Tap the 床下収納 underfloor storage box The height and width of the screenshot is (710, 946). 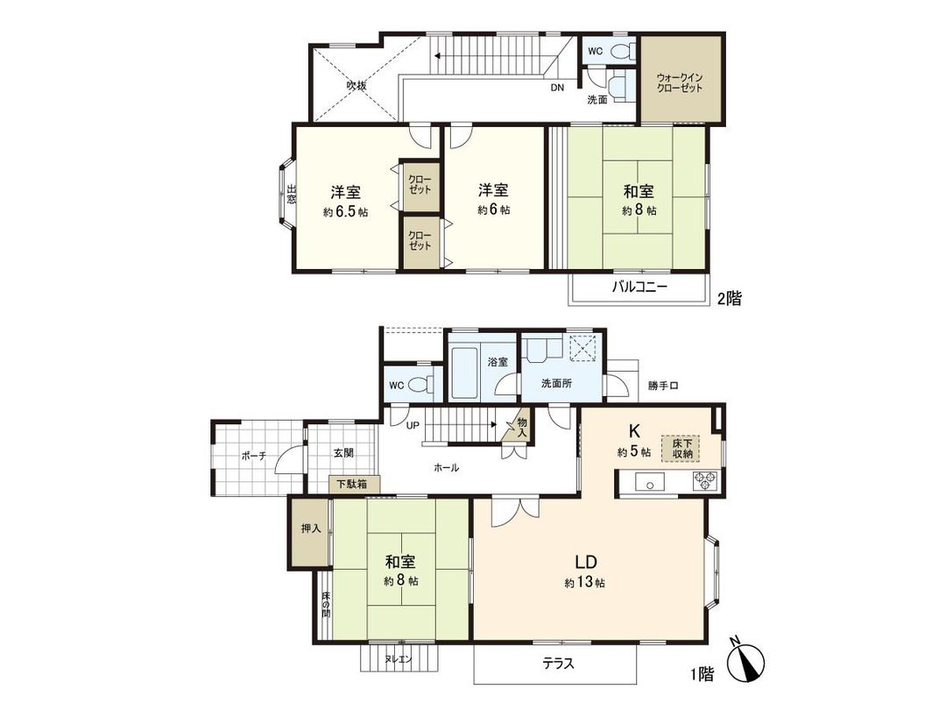click(682, 448)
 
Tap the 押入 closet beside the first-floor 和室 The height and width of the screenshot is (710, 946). click(310, 529)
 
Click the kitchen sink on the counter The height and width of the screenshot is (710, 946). click(649, 481)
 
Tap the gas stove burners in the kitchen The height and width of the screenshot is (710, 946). click(705, 480)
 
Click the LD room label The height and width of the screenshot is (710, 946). click(586, 561)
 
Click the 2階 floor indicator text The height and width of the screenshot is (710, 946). click(729, 299)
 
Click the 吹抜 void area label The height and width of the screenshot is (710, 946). click(356, 85)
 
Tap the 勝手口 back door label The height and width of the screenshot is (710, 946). click(663, 385)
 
